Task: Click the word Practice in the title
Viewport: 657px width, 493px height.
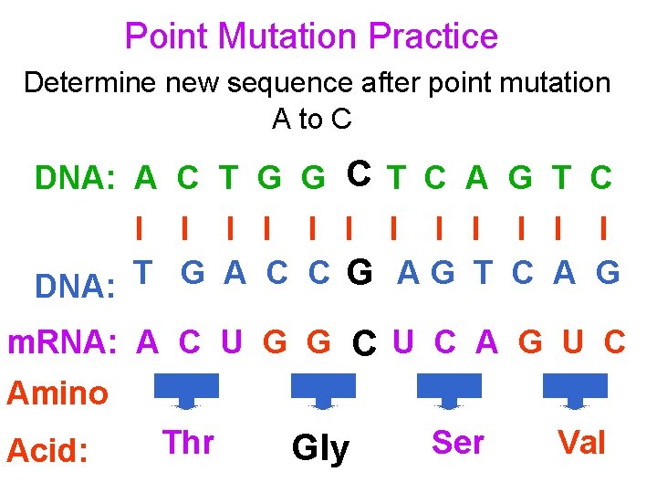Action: tap(433, 37)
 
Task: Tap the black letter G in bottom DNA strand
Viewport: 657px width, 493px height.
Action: tap(360, 273)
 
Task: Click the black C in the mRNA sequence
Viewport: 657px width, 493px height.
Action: tap(365, 345)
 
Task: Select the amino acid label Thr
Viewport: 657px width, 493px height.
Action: tap(188, 443)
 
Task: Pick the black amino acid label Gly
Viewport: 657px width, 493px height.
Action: tap(320, 448)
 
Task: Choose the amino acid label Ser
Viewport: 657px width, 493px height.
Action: tap(457, 443)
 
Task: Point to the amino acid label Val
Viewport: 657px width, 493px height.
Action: tap(581, 443)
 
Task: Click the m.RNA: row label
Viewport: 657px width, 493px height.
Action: tap(62, 343)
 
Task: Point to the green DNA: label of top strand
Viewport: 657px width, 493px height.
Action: tap(73, 179)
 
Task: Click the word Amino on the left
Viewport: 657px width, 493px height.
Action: tap(57, 393)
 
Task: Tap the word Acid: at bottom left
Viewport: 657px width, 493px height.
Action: tap(47, 450)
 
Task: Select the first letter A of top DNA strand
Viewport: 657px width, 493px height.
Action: tap(145, 179)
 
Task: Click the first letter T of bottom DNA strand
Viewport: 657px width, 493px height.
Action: tap(143, 271)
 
